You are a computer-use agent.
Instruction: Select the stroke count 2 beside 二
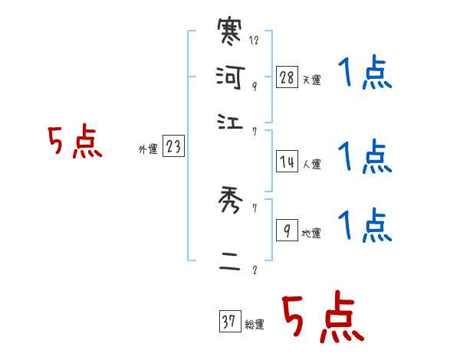254,270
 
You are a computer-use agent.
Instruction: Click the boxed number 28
287,77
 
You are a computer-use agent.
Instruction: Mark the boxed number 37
229,322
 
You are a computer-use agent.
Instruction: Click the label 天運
311,80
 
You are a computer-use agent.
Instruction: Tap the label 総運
254,325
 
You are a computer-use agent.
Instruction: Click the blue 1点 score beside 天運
364,75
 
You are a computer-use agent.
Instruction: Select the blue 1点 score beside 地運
364,226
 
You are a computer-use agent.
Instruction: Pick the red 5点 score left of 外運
74,143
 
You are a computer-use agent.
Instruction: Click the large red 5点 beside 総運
323,318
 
